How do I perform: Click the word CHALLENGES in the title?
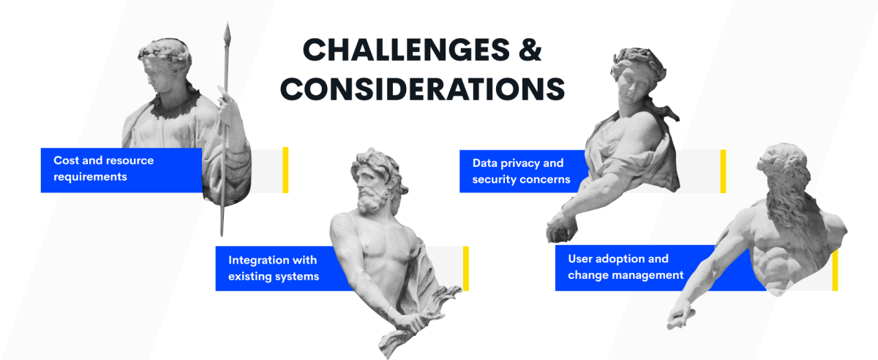(x=406, y=50)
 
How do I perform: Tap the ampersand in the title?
(x=530, y=50)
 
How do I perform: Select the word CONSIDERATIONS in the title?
(x=423, y=89)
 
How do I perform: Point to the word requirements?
(x=90, y=177)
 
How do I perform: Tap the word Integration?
(x=256, y=260)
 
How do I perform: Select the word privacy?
(x=519, y=163)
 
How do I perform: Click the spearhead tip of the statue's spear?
(x=227, y=23)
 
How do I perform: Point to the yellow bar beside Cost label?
(x=285, y=170)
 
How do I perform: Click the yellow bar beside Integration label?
(x=465, y=269)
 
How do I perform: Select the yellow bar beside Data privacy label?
(x=723, y=171)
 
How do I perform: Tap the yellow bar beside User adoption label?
(x=835, y=270)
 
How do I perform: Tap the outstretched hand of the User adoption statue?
(x=680, y=317)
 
